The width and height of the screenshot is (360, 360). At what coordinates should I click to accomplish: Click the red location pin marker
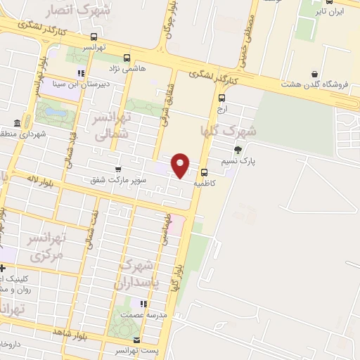click(181, 165)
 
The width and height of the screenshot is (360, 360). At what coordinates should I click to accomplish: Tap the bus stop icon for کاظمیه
click(204, 172)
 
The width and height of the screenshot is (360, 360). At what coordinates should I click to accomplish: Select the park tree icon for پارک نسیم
click(238, 149)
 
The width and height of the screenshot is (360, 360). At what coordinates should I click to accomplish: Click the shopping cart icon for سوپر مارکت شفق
click(117, 169)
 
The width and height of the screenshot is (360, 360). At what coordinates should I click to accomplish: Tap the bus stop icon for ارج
click(222, 98)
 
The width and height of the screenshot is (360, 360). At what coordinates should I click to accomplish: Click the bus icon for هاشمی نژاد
click(127, 58)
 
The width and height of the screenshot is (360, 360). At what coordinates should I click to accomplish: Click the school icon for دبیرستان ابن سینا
click(82, 72)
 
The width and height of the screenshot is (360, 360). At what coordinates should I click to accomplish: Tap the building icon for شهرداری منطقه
click(15, 122)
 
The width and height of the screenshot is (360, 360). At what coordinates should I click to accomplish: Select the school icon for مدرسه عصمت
click(143, 304)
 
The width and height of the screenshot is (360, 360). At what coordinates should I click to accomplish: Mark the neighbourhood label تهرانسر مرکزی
click(46, 247)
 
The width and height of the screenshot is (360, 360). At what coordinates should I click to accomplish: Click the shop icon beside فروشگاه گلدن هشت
click(314, 75)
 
